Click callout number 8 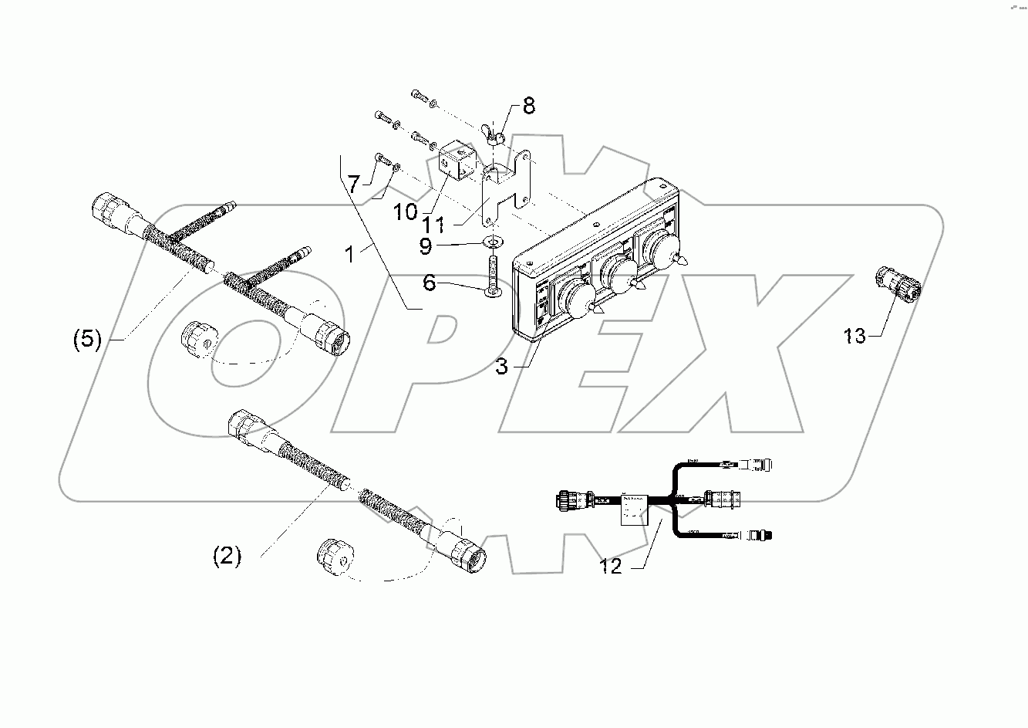coord(528,106)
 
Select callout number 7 coord(353,185)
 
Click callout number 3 coord(502,366)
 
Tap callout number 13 coord(854,336)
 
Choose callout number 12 coord(611,566)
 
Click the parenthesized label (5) coord(87,340)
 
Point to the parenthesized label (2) coord(228,556)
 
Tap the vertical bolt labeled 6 coord(491,274)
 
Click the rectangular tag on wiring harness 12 coord(635,510)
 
